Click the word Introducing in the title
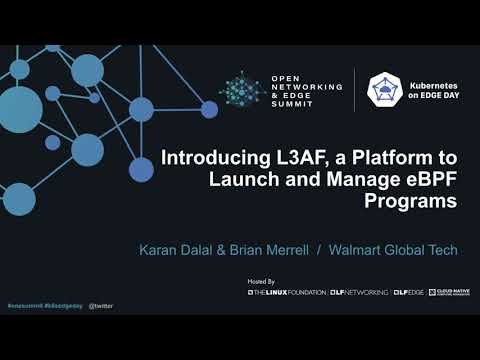(212, 158)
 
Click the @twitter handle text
(101, 304)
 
